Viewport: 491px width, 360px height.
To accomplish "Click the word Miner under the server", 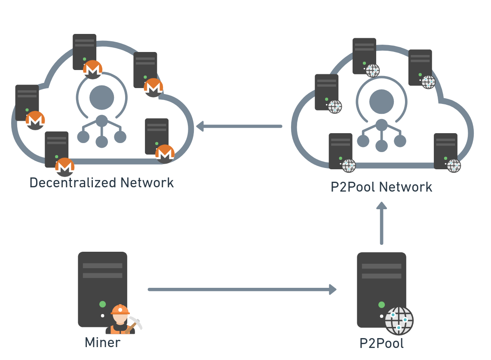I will point(102,342).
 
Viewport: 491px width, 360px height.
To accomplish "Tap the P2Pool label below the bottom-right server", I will point(381,343).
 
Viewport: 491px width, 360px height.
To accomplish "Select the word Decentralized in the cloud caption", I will point(72,183).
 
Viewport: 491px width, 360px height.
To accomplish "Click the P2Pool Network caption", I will point(381,187).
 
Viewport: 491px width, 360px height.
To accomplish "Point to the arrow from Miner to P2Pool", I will point(241,290).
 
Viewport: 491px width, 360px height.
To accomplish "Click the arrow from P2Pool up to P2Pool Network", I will point(381,223).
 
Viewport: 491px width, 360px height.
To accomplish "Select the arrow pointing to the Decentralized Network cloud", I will point(239,126).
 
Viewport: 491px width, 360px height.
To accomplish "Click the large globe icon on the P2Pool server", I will point(399,320).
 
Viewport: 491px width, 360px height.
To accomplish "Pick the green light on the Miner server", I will point(102,304).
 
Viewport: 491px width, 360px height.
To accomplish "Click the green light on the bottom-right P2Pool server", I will point(381,305).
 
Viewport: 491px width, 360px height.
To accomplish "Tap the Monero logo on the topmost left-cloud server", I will point(92,70).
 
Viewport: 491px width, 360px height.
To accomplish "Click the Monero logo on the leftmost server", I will point(35,120).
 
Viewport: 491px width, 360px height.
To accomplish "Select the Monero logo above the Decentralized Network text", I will point(65,167).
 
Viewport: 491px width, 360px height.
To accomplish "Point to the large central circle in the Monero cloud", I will point(102,98).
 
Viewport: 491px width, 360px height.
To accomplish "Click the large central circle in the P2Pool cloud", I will point(381,101).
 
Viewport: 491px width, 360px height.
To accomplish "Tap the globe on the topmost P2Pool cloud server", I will point(372,70).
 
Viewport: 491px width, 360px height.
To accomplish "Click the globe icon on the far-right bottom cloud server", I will point(454,165).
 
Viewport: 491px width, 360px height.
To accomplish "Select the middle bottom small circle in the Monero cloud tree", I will point(101,142).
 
